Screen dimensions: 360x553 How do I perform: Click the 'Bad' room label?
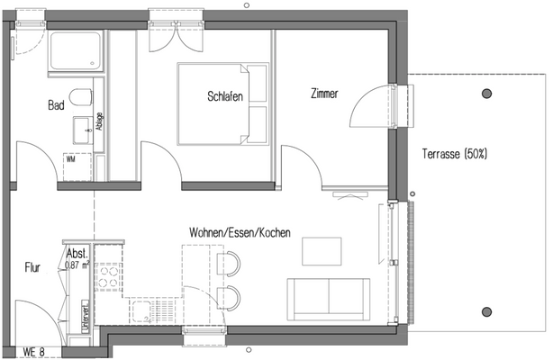point(56,105)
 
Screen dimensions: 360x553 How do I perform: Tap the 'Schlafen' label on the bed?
point(225,96)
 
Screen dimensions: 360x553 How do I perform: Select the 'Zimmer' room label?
point(323,93)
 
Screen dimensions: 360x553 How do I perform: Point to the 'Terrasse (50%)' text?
point(455,154)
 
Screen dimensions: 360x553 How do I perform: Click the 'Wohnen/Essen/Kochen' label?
point(239,233)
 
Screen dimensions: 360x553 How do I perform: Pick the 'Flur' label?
point(33,267)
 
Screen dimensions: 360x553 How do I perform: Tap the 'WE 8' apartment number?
point(33,352)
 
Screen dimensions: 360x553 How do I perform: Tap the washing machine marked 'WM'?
point(72,159)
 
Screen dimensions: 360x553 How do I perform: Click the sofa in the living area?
point(327,298)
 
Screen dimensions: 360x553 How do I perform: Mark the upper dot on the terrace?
point(488,93)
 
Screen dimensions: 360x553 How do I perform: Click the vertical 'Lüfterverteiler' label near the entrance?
point(84,315)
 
